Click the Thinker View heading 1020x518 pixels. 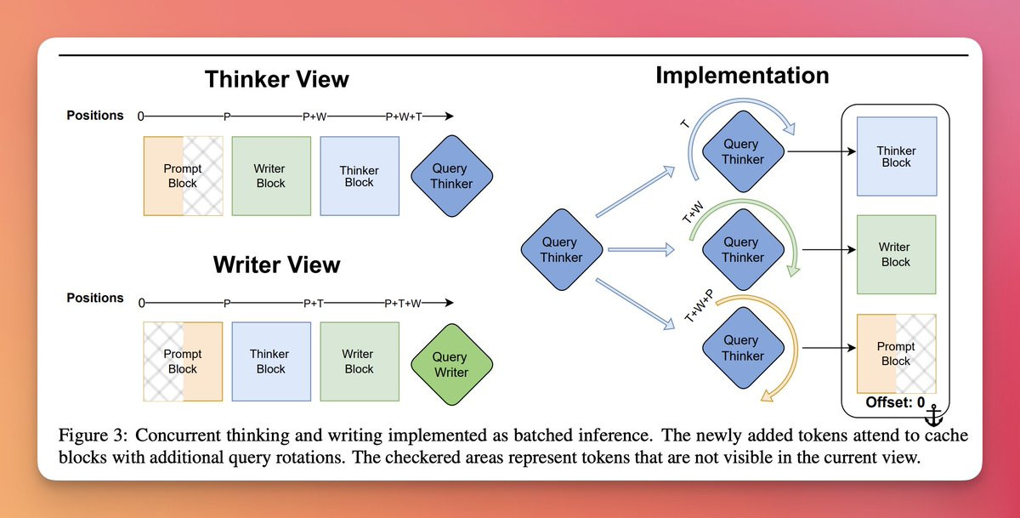(x=277, y=79)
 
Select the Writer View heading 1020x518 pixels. (x=277, y=265)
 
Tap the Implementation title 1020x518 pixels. (x=742, y=76)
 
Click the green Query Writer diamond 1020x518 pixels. (x=451, y=364)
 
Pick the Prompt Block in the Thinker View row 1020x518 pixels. (x=183, y=176)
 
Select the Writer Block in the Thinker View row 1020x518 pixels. (x=271, y=176)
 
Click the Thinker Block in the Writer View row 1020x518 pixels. (x=271, y=361)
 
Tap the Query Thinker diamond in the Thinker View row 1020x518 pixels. (x=451, y=176)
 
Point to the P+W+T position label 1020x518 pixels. (x=404, y=117)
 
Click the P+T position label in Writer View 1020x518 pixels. (x=314, y=304)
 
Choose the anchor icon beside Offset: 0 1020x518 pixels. (x=934, y=415)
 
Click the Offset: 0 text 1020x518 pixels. (x=895, y=402)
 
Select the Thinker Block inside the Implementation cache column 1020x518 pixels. (x=897, y=157)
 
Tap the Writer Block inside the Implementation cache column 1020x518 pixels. (x=896, y=254)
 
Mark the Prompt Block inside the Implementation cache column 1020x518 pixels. (x=896, y=354)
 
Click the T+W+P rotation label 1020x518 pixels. (x=699, y=306)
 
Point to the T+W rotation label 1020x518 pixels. (x=693, y=213)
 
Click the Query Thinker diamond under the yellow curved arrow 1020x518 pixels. (x=743, y=348)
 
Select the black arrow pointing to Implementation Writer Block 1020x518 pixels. (x=830, y=250)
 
